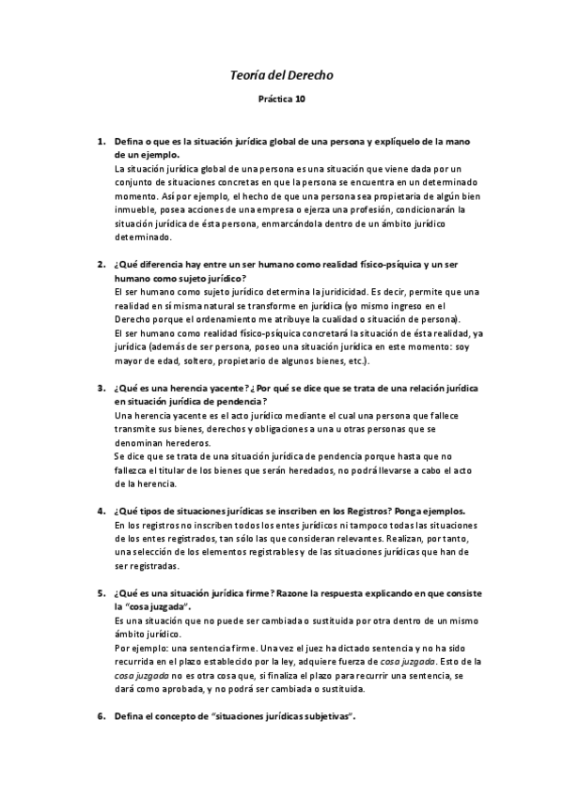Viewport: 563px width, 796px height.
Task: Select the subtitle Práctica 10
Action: tap(281, 97)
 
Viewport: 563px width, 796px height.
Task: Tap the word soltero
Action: tap(196, 360)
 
